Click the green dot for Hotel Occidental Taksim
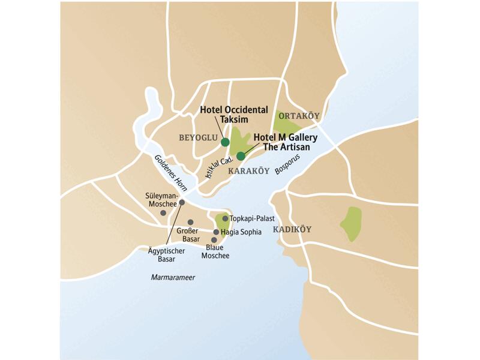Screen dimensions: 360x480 (x=225, y=142)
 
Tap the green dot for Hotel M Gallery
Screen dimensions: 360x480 (x=241, y=156)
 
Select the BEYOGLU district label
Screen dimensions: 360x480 (x=197, y=138)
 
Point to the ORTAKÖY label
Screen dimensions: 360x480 (x=298, y=116)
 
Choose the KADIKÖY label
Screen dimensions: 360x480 (x=293, y=230)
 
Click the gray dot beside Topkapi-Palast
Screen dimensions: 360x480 (x=225, y=218)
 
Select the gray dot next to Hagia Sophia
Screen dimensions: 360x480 (x=216, y=232)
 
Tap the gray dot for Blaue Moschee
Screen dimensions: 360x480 (x=214, y=240)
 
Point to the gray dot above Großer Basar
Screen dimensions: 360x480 (x=190, y=222)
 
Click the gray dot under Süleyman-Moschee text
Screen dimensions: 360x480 (x=163, y=213)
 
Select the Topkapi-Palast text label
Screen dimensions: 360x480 (x=252, y=219)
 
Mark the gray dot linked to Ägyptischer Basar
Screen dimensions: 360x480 (x=182, y=202)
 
